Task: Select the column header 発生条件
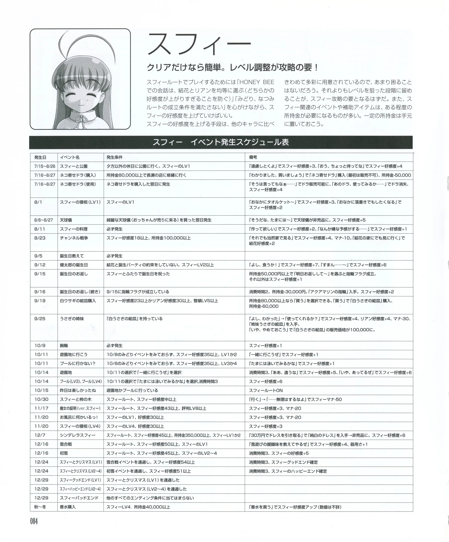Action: [x=115, y=157]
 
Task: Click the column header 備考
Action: [x=253, y=157]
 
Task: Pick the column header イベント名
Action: [x=70, y=157]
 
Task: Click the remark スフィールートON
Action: [x=266, y=391]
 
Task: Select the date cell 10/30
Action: [x=41, y=400]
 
